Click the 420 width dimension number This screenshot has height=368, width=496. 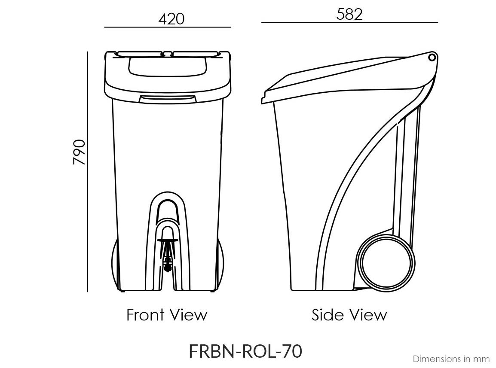(x=171, y=19)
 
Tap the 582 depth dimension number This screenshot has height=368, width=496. (x=349, y=14)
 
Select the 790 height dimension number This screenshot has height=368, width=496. (x=80, y=152)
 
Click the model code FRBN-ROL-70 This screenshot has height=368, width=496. (x=245, y=351)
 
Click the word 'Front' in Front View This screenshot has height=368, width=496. (x=144, y=315)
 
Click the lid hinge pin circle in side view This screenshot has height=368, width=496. (x=432, y=57)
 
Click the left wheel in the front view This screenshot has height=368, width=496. (x=115, y=264)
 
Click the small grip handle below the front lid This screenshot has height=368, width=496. (x=167, y=99)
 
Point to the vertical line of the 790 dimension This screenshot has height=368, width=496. (x=88, y=172)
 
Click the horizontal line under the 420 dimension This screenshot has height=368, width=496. (x=168, y=27)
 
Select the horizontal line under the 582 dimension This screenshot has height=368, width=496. (x=349, y=22)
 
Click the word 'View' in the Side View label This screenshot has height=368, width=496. (x=368, y=315)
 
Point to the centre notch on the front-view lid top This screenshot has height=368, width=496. (x=168, y=54)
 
